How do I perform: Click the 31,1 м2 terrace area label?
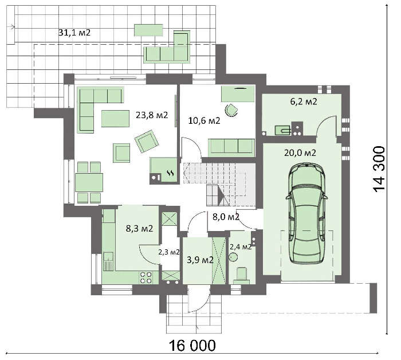[x=74, y=33]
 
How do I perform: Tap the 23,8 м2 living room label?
[x=152, y=115]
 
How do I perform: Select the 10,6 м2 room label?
[x=204, y=120]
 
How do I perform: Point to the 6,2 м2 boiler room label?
[x=304, y=101]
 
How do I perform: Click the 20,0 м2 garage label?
[x=300, y=153]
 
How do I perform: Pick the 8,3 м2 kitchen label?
[x=139, y=228]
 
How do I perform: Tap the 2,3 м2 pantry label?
[x=169, y=252]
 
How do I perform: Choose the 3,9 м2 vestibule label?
[x=200, y=260]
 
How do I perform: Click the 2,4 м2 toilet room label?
[x=241, y=247]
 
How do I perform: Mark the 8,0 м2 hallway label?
[x=226, y=217]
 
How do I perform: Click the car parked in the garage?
[x=306, y=214]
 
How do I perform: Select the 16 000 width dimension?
[x=192, y=346]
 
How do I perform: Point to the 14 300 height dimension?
[x=379, y=169]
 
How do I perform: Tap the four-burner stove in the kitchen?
[x=146, y=277]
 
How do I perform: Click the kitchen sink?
[x=109, y=261]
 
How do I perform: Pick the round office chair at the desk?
[x=231, y=110]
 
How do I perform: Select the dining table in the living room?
[x=89, y=182]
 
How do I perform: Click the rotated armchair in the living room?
[x=147, y=141]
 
